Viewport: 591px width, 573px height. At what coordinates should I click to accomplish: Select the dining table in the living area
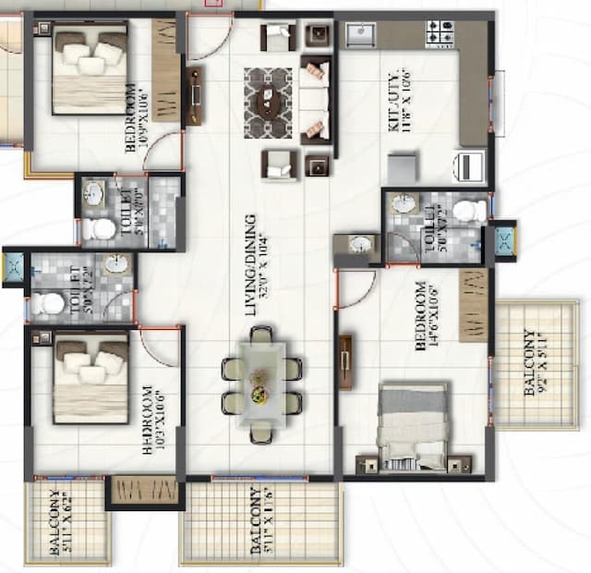tap(262, 382)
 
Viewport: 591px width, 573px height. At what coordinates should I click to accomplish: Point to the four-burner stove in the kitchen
tap(439, 35)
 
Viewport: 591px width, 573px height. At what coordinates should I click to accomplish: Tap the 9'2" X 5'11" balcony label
tap(536, 363)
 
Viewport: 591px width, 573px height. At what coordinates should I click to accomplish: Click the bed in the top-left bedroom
tap(90, 71)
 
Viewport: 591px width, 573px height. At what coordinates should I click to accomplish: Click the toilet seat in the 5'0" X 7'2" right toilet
tap(469, 211)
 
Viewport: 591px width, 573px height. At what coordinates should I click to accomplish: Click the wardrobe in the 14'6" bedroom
tap(474, 305)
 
